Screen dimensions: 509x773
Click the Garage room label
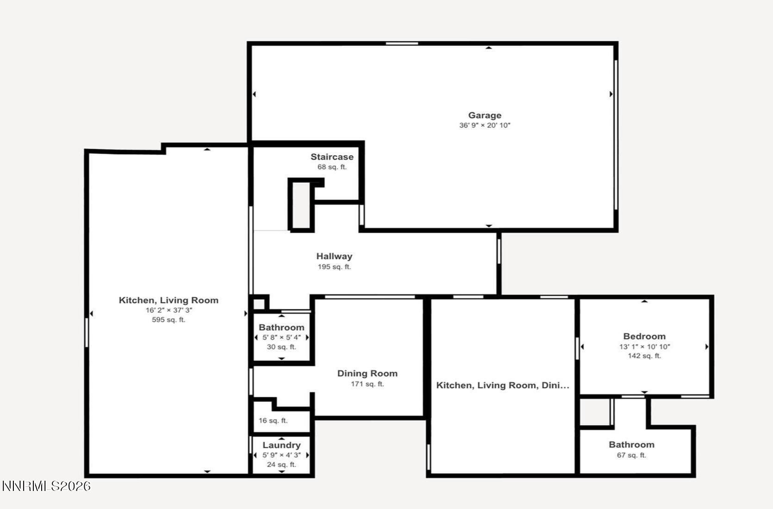click(x=484, y=115)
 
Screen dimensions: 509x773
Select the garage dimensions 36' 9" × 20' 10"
click(x=484, y=126)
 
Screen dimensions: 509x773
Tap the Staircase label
click(x=332, y=157)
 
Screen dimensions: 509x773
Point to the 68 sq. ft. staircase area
click(x=332, y=167)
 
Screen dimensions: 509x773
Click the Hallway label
click(x=334, y=256)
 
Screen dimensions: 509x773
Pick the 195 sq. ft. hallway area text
click(x=334, y=267)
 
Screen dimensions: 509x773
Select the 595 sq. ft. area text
click(x=169, y=320)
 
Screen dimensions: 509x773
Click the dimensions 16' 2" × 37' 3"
click(x=169, y=310)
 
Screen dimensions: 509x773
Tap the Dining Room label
click(x=367, y=374)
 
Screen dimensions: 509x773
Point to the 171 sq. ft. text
click(x=367, y=384)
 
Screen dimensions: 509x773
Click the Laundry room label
click(x=281, y=445)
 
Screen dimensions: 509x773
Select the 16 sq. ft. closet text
click(x=273, y=421)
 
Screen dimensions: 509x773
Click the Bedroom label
click(x=644, y=337)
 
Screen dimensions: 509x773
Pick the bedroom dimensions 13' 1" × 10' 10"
click(x=644, y=347)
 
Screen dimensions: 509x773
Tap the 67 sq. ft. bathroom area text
click(x=631, y=455)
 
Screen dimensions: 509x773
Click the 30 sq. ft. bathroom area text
click(x=281, y=347)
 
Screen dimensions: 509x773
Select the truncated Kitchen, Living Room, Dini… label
click(x=503, y=385)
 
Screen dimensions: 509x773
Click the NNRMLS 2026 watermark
click(x=46, y=486)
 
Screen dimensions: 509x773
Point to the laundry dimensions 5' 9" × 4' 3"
click(x=281, y=455)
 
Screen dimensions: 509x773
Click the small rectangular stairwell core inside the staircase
click(x=301, y=205)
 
